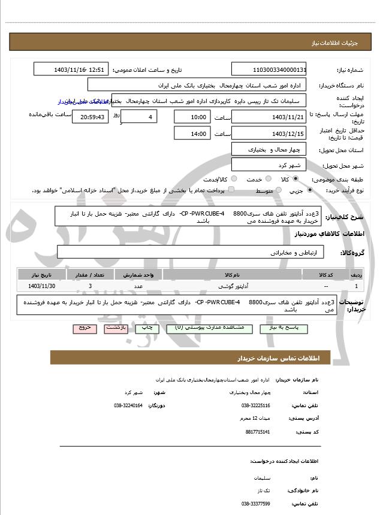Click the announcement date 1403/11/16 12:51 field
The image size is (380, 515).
[71, 69]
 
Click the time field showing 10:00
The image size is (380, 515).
[192, 117]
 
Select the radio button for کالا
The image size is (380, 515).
[295, 179]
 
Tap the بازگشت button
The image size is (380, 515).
[115, 329]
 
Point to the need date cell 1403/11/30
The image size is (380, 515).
[41, 287]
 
